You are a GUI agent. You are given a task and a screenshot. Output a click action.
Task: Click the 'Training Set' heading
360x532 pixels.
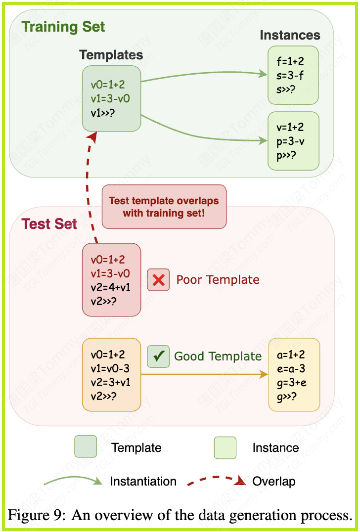pyautogui.click(x=63, y=27)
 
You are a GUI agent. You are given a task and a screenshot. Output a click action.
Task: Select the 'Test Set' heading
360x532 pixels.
pyautogui.click(x=49, y=224)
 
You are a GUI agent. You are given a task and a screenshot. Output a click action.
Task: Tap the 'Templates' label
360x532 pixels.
pyautogui.click(x=111, y=55)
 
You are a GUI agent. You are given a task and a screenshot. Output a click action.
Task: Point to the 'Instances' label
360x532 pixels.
pyautogui.click(x=290, y=35)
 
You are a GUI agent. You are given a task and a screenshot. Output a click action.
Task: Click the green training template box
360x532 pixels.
pyautogui.click(x=111, y=99)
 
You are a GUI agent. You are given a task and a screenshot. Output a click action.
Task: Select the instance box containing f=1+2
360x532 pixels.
pyautogui.click(x=293, y=75)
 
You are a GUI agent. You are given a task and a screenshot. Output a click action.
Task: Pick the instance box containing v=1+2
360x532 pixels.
pyautogui.click(x=293, y=141)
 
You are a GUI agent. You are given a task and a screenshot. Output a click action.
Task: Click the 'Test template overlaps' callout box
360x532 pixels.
pyautogui.click(x=164, y=207)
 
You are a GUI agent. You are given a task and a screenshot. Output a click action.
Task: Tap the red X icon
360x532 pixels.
pyautogui.click(x=158, y=280)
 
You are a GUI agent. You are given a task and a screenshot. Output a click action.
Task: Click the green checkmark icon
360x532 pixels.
pyautogui.click(x=158, y=356)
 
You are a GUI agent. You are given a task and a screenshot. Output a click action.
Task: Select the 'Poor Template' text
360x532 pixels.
pyautogui.click(x=218, y=280)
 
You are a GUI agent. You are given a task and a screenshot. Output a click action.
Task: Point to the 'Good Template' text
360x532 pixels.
pyautogui.click(x=218, y=356)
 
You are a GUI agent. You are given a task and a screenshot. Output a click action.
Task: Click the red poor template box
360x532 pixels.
pyautogui.click(x=111, y=280)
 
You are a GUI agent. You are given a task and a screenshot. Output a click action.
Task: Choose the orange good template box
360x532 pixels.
pyautogui.click(x=111, y=375)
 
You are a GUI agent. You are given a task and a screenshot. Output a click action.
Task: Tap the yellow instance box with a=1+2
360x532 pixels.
pyautogui.click(x=294, y=375)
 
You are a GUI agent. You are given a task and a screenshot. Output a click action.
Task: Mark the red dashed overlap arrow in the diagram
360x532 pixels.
pyautogui.click(x=88, y=188)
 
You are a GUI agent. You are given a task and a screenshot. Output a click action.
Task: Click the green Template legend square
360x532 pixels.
pyautogui.click(x=86, y=446)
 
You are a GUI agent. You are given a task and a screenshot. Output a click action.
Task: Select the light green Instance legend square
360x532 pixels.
pyautogui.click(x=225, y=447)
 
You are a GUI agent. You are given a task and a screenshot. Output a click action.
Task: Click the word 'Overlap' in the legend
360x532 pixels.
pyautogui.click(x=273, y=481)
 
